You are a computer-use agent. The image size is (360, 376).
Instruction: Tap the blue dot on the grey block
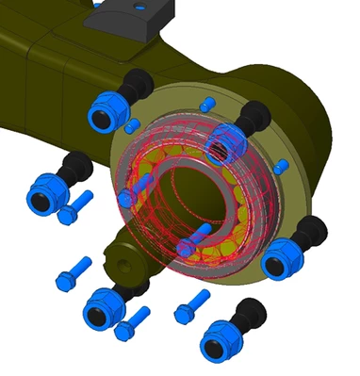click(140, 8)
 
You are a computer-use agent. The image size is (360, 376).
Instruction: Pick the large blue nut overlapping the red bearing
click(225, 146)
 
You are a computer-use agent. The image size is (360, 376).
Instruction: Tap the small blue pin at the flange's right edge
click(280, 167)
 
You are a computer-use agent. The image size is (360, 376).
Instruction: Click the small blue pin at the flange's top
click(208, 102)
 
